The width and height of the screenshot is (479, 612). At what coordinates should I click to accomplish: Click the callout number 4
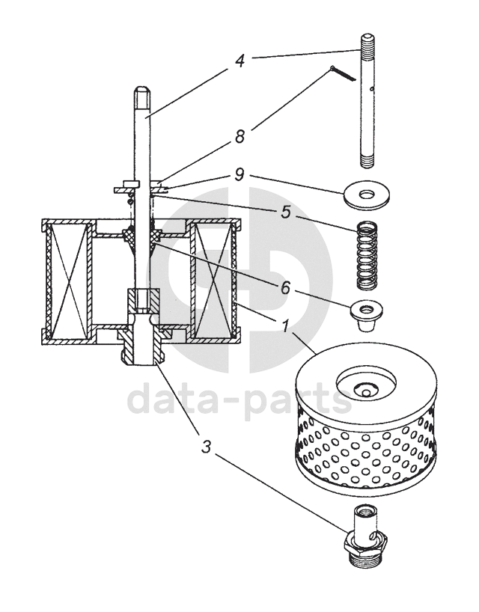239,60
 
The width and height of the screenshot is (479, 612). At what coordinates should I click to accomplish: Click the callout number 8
239,137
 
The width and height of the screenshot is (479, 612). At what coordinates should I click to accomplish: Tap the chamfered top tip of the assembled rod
142,95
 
